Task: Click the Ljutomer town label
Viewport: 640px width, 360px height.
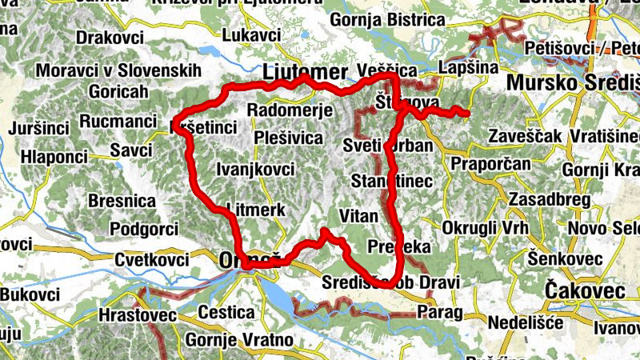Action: [x=305, y=70]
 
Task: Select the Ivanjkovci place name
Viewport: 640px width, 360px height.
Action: [x=255, y=169]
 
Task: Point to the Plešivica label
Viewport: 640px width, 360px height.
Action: [x=287, y=138]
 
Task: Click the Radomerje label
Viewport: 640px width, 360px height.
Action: [x=284, y=110]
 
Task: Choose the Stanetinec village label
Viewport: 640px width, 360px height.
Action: [x=391, y=181]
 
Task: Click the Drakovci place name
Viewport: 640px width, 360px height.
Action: [x=110, y=37]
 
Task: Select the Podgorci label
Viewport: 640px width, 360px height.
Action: [x=144, y=230]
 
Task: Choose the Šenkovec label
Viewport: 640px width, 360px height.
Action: [x=564, y=258]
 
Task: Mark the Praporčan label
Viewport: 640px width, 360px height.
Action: [x=490, y=164]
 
